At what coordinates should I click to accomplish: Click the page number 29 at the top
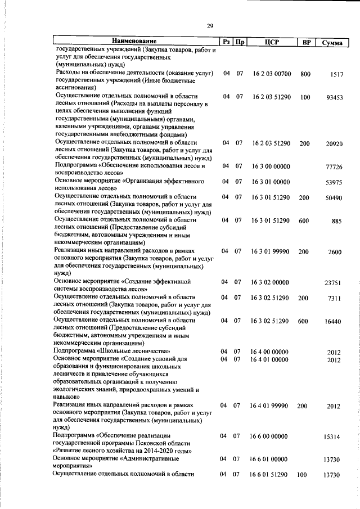[x=210, y=26]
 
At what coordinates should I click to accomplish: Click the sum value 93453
[x=334, y=98]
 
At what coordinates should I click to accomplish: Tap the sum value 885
[x=337, y=222]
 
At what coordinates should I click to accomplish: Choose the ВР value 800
[x=305, y=74]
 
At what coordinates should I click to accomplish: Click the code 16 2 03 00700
[x=271, y=74]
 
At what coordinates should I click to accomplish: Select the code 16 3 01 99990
[x=271, y=252]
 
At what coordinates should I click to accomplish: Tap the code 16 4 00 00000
[x=270, y=352]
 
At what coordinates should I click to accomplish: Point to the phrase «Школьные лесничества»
[x=127, y=352]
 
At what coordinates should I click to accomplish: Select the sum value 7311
[x=334, y=299]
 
